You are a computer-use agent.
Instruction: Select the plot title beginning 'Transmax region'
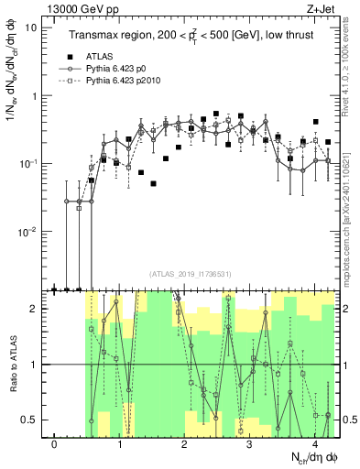[193, 36]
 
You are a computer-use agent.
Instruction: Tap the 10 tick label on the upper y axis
[32, 27]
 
